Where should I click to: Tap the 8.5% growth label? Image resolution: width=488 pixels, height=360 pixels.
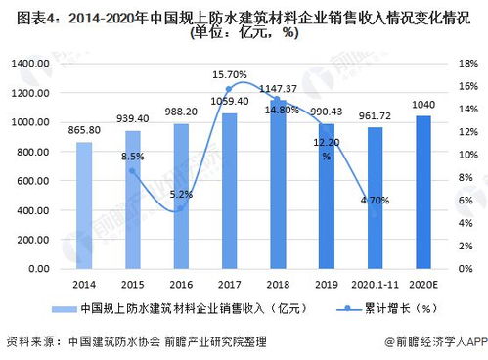[x=134, y=157]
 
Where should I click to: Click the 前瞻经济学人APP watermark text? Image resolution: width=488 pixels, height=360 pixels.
[x=437, y=342]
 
